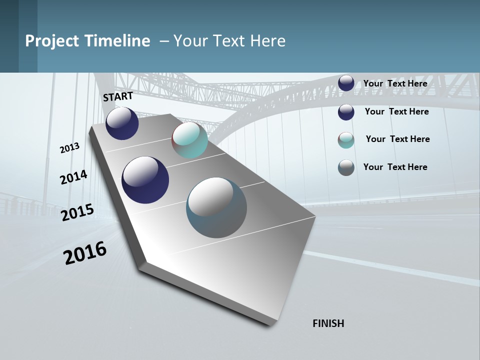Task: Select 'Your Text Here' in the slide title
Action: tap(229, 41)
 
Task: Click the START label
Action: tap(118, 96)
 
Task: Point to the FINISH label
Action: tap(328, 323)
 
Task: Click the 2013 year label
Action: tap(69, 148)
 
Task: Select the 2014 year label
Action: tap(73, 177)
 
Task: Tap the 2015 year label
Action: tap(77, 212)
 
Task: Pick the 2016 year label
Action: tap(85, 253)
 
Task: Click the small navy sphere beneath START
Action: tap(122, 123)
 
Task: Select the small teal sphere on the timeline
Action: tap(190, 140)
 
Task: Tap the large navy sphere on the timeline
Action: tap(145, 180)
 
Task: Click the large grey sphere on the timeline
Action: tap(216, 207)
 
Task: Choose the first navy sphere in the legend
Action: tap(346, 83)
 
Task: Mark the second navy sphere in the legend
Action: tap(346, 112)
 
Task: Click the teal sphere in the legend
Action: tap(346, 140)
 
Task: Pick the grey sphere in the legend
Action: tap(346, 167)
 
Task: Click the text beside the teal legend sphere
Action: tap(397, 139)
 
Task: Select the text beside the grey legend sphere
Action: tap(395, 167)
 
